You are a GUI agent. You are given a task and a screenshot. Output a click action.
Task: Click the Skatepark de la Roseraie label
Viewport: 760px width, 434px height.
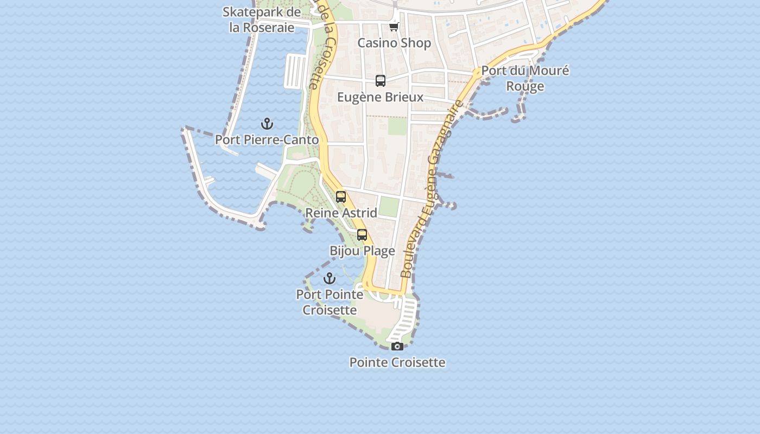click(x=262, y=20)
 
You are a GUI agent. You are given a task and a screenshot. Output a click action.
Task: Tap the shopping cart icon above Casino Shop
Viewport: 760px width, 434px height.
click(x=394, y=27)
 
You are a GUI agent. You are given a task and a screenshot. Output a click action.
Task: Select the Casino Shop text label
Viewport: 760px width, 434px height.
click(x=394, y=43)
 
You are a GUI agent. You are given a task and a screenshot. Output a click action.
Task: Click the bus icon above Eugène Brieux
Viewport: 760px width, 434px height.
click(x=381, y=81)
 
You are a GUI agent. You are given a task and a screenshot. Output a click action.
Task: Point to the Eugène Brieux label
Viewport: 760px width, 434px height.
click(x=380, y=97)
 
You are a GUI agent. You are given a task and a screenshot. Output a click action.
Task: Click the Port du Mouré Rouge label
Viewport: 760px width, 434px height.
click(x=525, y=78)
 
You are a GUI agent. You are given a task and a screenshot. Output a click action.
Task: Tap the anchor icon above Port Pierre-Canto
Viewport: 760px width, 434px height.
click(x=267, y=124)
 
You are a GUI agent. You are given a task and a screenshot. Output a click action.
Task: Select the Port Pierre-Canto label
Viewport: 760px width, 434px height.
click(x=267, y=139)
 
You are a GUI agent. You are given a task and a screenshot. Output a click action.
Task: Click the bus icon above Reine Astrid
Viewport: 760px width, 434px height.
click(x=341, y=197)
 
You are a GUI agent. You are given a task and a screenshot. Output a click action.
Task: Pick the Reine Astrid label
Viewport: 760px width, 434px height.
click(x=341, y=213)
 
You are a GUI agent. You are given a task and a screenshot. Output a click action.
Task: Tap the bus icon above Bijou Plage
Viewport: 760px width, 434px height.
click(x=362, y=235)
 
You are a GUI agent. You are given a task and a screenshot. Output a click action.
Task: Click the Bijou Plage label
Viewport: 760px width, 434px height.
click(x=362, y=251)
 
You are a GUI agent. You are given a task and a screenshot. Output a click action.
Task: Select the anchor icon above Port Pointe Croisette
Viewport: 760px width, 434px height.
click(x=330, y=278)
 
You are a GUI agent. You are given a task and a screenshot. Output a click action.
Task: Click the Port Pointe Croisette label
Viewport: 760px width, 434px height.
click(x=330, y=302)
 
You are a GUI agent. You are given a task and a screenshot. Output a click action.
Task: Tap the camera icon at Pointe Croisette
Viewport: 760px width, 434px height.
click(x=397, y=346)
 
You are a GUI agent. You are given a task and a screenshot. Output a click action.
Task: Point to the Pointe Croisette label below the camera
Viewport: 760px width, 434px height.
click(x=397, y=362)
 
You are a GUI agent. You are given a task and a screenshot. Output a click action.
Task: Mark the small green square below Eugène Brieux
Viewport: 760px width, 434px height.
click(x=397, y=126)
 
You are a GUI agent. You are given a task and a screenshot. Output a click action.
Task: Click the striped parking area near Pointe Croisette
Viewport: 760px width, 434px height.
click(x=404, y=320)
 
